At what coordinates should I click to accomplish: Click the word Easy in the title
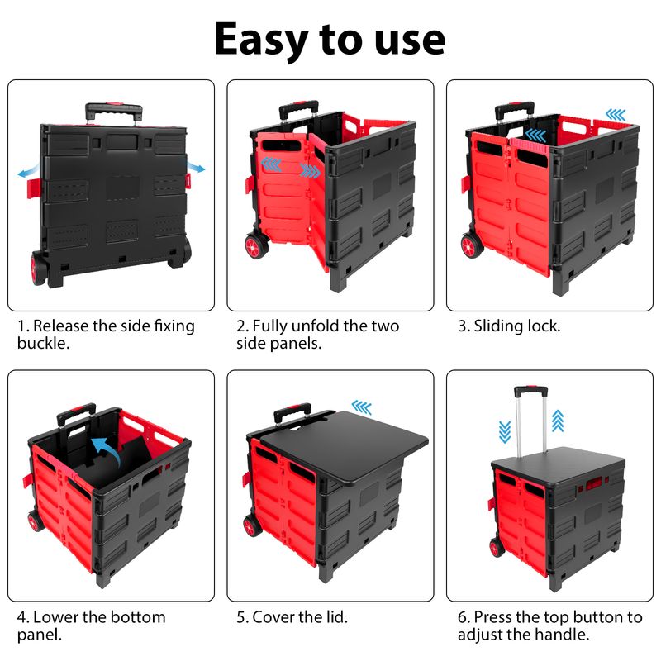pyautogui.click(x=261, y=40)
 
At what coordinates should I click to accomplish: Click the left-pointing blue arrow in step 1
pyautogui.click(x=29, y=171)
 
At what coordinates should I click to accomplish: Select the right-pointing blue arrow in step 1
pyautogui.click(x=197, y=168)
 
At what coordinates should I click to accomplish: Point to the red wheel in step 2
pyautogui.click(x=256, y=246)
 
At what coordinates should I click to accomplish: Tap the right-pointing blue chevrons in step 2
pyautogui.click(x=310, y=170)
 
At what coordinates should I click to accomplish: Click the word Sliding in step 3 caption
pyautogui.click(x=497, y=326)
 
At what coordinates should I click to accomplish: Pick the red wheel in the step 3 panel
pyautogui.click(x=472, y=245)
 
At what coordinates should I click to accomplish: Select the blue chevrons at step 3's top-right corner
pyautogui.click(x=616, y=114)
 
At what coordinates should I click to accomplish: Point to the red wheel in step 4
pyautogui.click(x=35, y=521)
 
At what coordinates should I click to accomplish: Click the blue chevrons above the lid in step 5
pyautogui.click(x=362, y=407)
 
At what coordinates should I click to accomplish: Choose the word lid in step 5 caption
pyautogui.click(x=335, y=617)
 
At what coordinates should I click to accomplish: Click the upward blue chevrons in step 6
pyautogui.click(x=558, y=421)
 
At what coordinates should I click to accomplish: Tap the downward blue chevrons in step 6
pyautogui.click(x=505, y=432)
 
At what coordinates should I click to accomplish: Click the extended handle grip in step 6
pyautogui.click(x=530, y=391)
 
